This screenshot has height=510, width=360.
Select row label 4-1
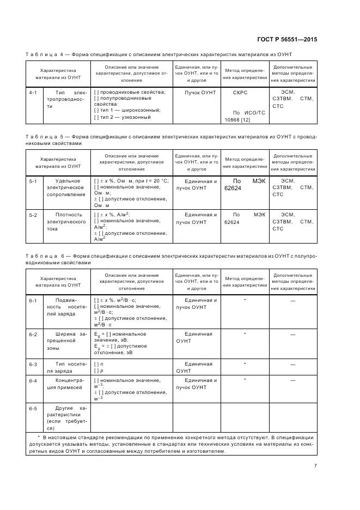[33, 93]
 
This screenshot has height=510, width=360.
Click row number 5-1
[33, 181]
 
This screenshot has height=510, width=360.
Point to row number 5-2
[33, 215]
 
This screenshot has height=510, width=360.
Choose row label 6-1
[33, 300]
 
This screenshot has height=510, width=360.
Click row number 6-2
[33, 333]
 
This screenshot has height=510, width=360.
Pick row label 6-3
[33, 363]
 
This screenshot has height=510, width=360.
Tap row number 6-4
[33, 380]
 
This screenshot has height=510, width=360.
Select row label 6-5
[33, 408]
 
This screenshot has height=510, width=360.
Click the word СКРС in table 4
[240, 93]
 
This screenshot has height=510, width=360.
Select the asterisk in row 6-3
[245, 363]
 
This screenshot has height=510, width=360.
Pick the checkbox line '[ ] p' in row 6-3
[97, 371]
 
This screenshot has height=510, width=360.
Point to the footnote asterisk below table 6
[39, 437]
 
